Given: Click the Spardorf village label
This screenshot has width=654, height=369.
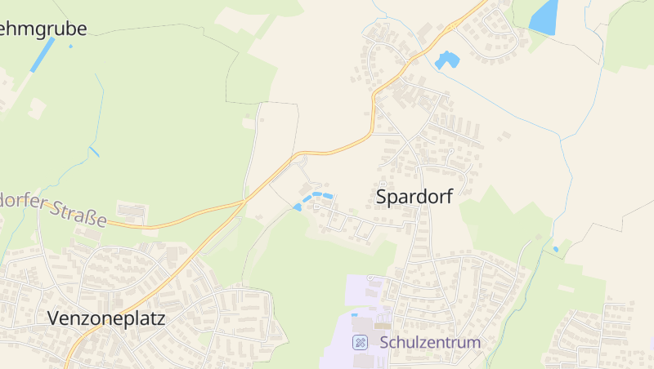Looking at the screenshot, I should (414, 197).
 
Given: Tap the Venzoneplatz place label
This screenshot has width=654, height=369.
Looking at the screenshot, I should (105, 318).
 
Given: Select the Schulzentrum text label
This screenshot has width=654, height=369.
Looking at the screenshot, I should (430, 343).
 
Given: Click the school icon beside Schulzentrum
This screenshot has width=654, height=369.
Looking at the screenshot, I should (359, 342).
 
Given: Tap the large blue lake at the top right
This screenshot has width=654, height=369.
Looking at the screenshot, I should (544, 16).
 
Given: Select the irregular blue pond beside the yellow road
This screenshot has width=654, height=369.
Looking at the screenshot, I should (446, 60).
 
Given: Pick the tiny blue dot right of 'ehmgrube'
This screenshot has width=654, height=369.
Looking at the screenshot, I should (70, 46).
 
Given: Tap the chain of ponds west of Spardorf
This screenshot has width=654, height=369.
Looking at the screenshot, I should (315, 198).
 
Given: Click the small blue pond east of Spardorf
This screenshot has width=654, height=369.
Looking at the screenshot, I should (556, 249).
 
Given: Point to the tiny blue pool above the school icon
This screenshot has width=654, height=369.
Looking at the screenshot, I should (354, 315).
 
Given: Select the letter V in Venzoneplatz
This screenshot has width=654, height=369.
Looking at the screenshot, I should (53, 318).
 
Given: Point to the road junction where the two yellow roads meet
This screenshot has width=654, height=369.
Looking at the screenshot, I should (245, 201).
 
